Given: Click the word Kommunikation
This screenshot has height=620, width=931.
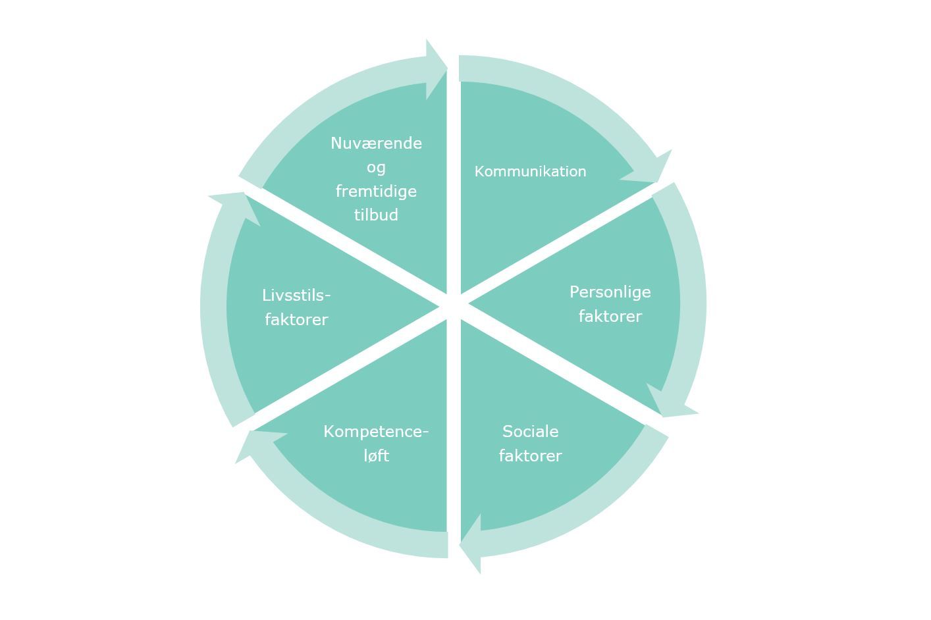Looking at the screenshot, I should coord(530,172).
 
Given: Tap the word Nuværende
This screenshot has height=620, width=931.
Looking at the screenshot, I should coord(376,143).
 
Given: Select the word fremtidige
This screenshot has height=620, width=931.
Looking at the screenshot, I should coord(376,192).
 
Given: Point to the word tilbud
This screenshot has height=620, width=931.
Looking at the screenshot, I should coord(376,215).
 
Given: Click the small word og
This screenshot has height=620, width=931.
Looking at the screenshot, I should coord(376,168).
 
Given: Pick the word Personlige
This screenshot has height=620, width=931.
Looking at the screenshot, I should coord(610,292).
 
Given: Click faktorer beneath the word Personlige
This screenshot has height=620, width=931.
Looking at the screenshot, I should coord(610,317).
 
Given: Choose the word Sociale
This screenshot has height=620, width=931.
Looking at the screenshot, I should coord(530,432).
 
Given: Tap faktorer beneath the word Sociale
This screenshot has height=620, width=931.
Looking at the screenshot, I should coord(530,456).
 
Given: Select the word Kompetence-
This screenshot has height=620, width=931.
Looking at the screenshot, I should coord(376,432).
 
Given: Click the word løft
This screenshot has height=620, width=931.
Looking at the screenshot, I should coord(376,456).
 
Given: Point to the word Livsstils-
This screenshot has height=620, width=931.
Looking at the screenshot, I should coord(296,296).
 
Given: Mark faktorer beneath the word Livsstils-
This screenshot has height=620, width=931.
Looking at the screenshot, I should coord(296,320).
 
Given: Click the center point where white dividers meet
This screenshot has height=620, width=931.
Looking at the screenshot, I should coord(454,306).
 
